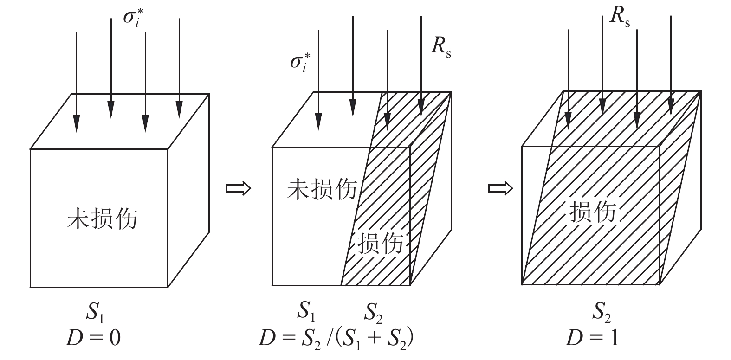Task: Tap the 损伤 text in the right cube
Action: [592, 212]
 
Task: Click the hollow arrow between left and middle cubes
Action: [238, 188]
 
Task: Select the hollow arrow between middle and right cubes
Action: [500, 188]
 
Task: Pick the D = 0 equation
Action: [93, 338]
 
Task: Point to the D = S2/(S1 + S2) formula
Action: [336, 338]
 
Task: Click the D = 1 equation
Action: [592, 338]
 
